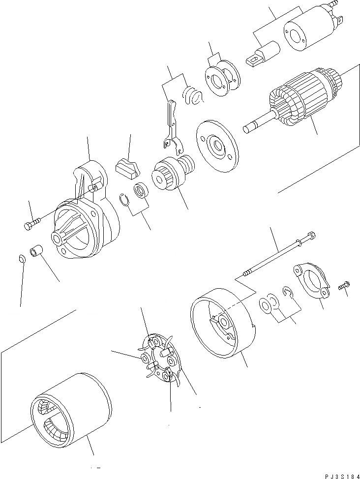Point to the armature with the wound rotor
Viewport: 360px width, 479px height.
[x=300, y=98]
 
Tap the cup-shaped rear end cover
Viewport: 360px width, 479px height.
[x=221, y=325]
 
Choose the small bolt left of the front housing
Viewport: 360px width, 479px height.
[x=30, y=225]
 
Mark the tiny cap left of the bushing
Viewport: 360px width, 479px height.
[x=21, y=259]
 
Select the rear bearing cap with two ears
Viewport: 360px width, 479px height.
[x=311, y=280]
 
